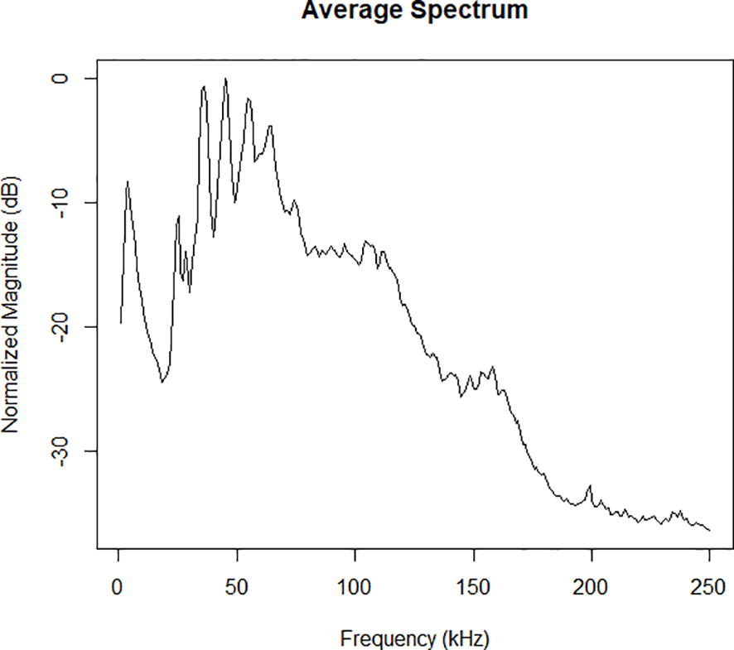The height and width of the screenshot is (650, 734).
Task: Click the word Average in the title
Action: click(350, 10)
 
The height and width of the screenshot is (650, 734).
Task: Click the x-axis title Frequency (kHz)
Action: click(414, 638)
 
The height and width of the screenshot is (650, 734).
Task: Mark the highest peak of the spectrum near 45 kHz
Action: click(225, 79)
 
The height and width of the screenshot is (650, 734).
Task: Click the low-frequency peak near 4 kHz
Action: click(128, 181)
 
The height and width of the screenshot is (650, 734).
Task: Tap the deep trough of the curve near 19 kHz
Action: click(162, 382)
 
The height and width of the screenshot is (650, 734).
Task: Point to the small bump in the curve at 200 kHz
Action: click(590, 486)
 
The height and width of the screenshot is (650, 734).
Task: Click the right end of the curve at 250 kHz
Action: click(710, 530)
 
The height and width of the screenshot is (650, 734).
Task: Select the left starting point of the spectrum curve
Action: click(120, 323)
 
